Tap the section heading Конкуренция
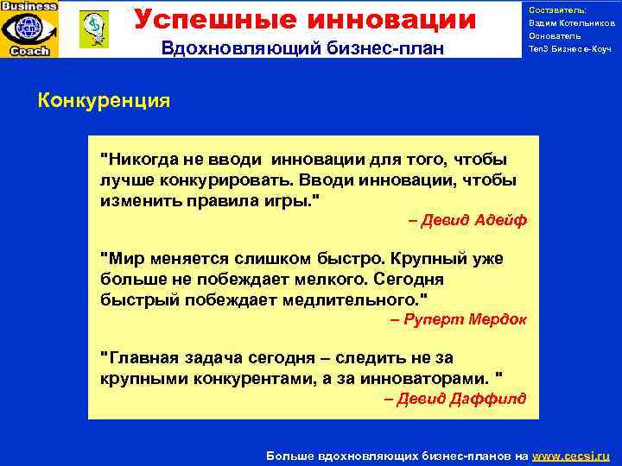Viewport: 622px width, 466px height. pyautogui.click(x=104, y=101)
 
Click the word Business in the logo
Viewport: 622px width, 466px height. pyautogui.click(x=29, y=6)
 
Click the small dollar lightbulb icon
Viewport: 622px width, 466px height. pyautogui.click(x=92, y=28)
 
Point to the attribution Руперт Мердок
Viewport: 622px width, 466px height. pyautogui.click(x=459, y=319)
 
